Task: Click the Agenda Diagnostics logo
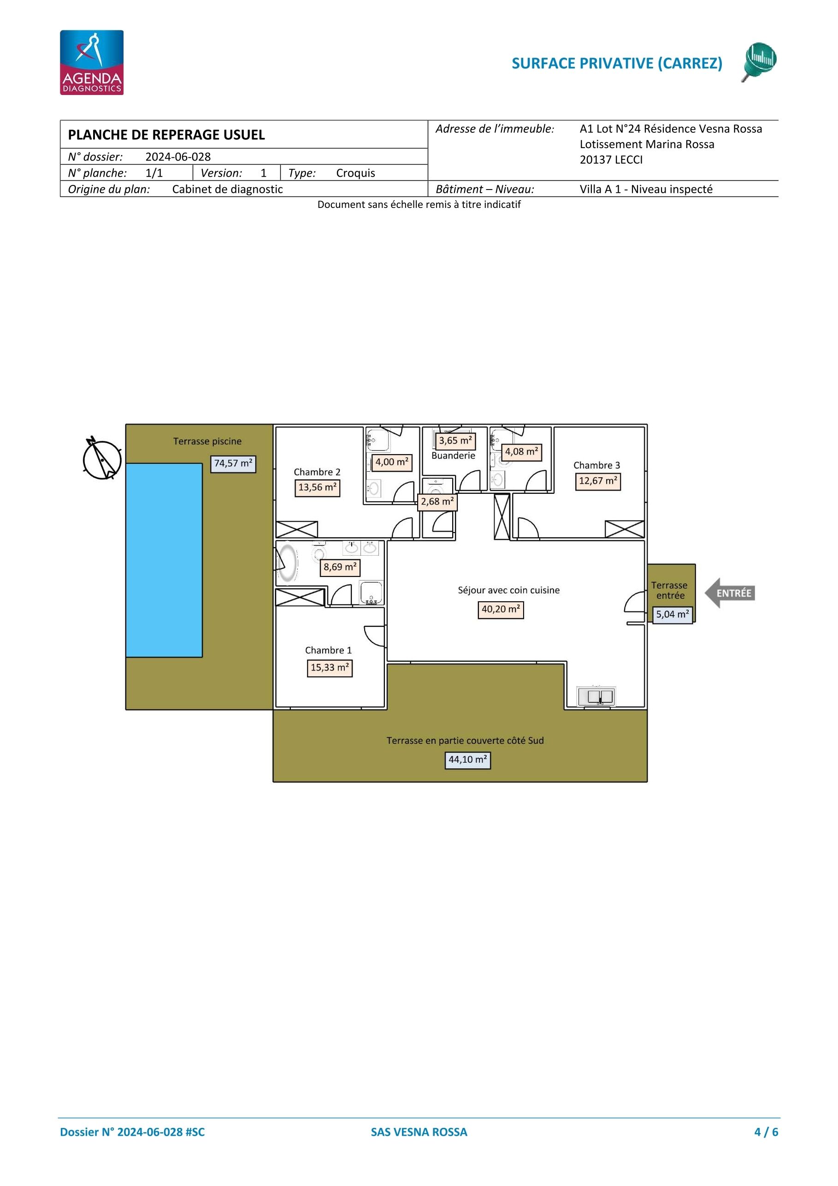click(91, 63)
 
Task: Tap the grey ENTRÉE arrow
click(730, 593)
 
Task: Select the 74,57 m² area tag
click(233, 463)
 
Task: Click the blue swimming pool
click(164, 560)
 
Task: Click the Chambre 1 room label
click(328, 650)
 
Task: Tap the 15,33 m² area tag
click(330, 668)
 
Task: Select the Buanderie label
click(453, 456)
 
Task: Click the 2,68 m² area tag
click(437, 502)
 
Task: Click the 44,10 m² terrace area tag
click(468, 760)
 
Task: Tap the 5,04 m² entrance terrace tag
click(672, 615)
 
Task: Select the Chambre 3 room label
click(597, 465)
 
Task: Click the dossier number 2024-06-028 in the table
click(178, 157)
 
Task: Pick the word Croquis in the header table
click(356, 173)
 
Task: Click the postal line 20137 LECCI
click(611, 160)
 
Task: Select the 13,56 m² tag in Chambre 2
click(318, 487)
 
